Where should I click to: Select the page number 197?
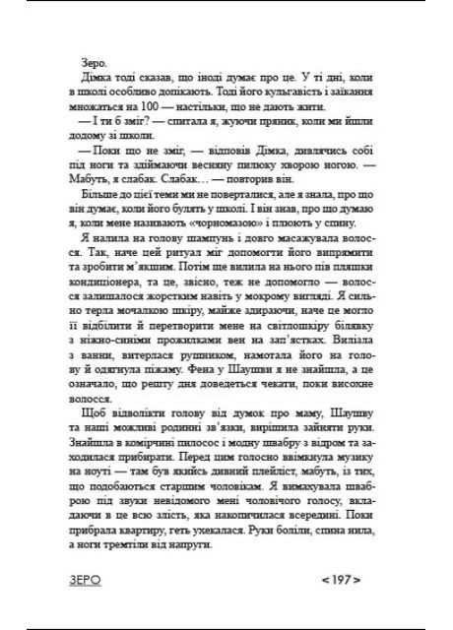click(x=335, y=579)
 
